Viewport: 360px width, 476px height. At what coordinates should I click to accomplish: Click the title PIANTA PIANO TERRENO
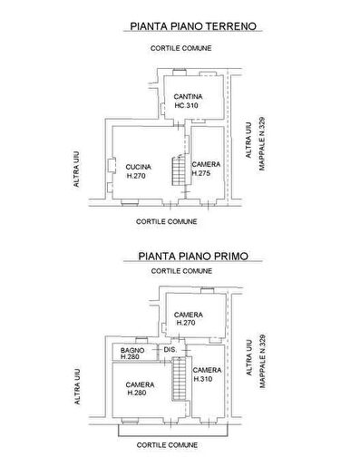[193, 26]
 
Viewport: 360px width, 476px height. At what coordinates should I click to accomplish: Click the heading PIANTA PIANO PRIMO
[193, 256]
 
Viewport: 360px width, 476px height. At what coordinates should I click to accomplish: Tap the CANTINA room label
[188, 96]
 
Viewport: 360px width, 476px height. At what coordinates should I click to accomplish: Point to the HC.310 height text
[186, 105]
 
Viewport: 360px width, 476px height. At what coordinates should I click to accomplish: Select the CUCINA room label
[138, 167]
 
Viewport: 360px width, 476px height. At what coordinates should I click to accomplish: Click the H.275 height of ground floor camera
[201, 173]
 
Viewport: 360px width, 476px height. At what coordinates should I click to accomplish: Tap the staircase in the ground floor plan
[179, 170]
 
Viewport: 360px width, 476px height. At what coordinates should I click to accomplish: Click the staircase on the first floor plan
[179, 379]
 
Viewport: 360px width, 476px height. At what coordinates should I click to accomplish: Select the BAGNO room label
[132, 350]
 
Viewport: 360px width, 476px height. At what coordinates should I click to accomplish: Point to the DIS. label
[170, 349]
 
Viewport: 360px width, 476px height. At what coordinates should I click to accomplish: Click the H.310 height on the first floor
[203, 379]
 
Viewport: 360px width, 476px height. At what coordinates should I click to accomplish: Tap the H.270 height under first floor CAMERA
[186, 323]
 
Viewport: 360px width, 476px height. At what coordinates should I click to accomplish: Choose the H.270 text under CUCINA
[136, 176]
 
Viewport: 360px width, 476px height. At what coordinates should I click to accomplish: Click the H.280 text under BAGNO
[130, 356]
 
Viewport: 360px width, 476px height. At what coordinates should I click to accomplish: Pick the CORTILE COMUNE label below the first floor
[167, 445]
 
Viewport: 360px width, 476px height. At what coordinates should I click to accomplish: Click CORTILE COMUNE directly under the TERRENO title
[181, 48]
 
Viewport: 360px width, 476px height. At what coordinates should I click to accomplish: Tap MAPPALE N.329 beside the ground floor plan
[262, 143]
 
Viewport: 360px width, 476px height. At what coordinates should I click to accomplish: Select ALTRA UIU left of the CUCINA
[76, 169]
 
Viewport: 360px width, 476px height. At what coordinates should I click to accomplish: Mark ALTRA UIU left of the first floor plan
[77, 386]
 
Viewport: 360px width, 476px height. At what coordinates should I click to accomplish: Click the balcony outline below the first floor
[173, 436]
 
